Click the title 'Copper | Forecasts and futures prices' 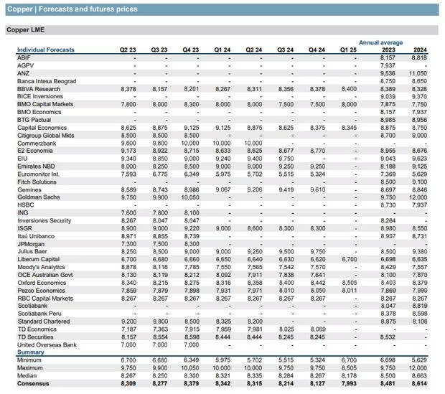click(72, 9)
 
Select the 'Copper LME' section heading click(26, 30)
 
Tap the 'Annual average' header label click(380, 42)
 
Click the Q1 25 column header click(348, 50)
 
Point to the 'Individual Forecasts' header click(46, 50)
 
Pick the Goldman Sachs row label click(39, 197)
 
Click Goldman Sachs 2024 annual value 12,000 click(418, 197)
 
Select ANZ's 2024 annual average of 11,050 click(418, 73)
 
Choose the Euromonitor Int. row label click(38, 174)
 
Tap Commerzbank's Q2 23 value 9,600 click(128, 143)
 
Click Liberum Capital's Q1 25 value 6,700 click(350, 259)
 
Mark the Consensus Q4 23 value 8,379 click(192, 383)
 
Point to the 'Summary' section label click(31, 352)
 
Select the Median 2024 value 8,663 click(419, 376)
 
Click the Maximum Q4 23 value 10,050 click(190, 368)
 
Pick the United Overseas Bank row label click(47, 345)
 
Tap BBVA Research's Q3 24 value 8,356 click(286, 89)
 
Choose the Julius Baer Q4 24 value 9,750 click(318, 251)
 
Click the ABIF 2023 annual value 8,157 click(388, 57)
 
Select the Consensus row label click(33, 383)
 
